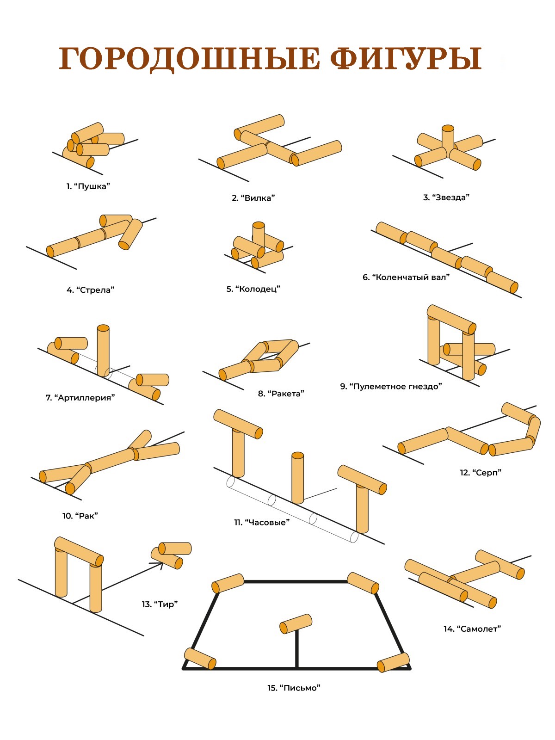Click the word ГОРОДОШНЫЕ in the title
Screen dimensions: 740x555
189,59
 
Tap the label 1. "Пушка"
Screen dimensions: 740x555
88,186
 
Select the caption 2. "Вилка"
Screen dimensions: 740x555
253,198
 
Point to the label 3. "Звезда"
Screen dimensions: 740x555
446,197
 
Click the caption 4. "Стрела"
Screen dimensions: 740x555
90,290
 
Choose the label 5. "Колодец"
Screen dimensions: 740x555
253,289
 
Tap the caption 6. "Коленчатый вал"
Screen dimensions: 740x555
406,277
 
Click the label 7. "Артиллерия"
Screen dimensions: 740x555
80,398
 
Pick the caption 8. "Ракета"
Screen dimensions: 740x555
281,394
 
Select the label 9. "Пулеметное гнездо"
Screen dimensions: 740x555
391,386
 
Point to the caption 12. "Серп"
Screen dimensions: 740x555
481,472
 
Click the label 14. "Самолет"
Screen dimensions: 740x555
472,629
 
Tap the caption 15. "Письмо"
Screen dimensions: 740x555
294,688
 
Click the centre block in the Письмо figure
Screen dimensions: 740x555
296,623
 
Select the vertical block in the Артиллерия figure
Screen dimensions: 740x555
103,351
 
